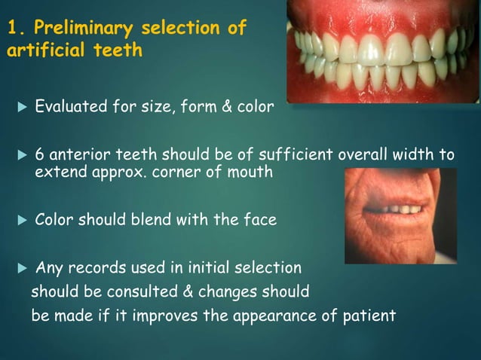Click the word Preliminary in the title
81,30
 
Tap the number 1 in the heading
11,30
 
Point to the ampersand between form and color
225,107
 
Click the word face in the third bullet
258,220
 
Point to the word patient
369,316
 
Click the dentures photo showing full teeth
383,50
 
